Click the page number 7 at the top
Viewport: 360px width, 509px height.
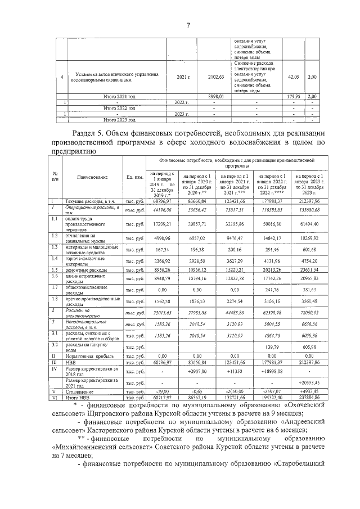point(188,25)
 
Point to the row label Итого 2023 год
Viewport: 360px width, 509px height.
point(120,120)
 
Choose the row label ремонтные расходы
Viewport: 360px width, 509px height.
point(85,271)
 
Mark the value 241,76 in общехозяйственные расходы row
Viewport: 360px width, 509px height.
point(272,291)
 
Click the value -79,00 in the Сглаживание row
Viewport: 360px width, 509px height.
point(163,392)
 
